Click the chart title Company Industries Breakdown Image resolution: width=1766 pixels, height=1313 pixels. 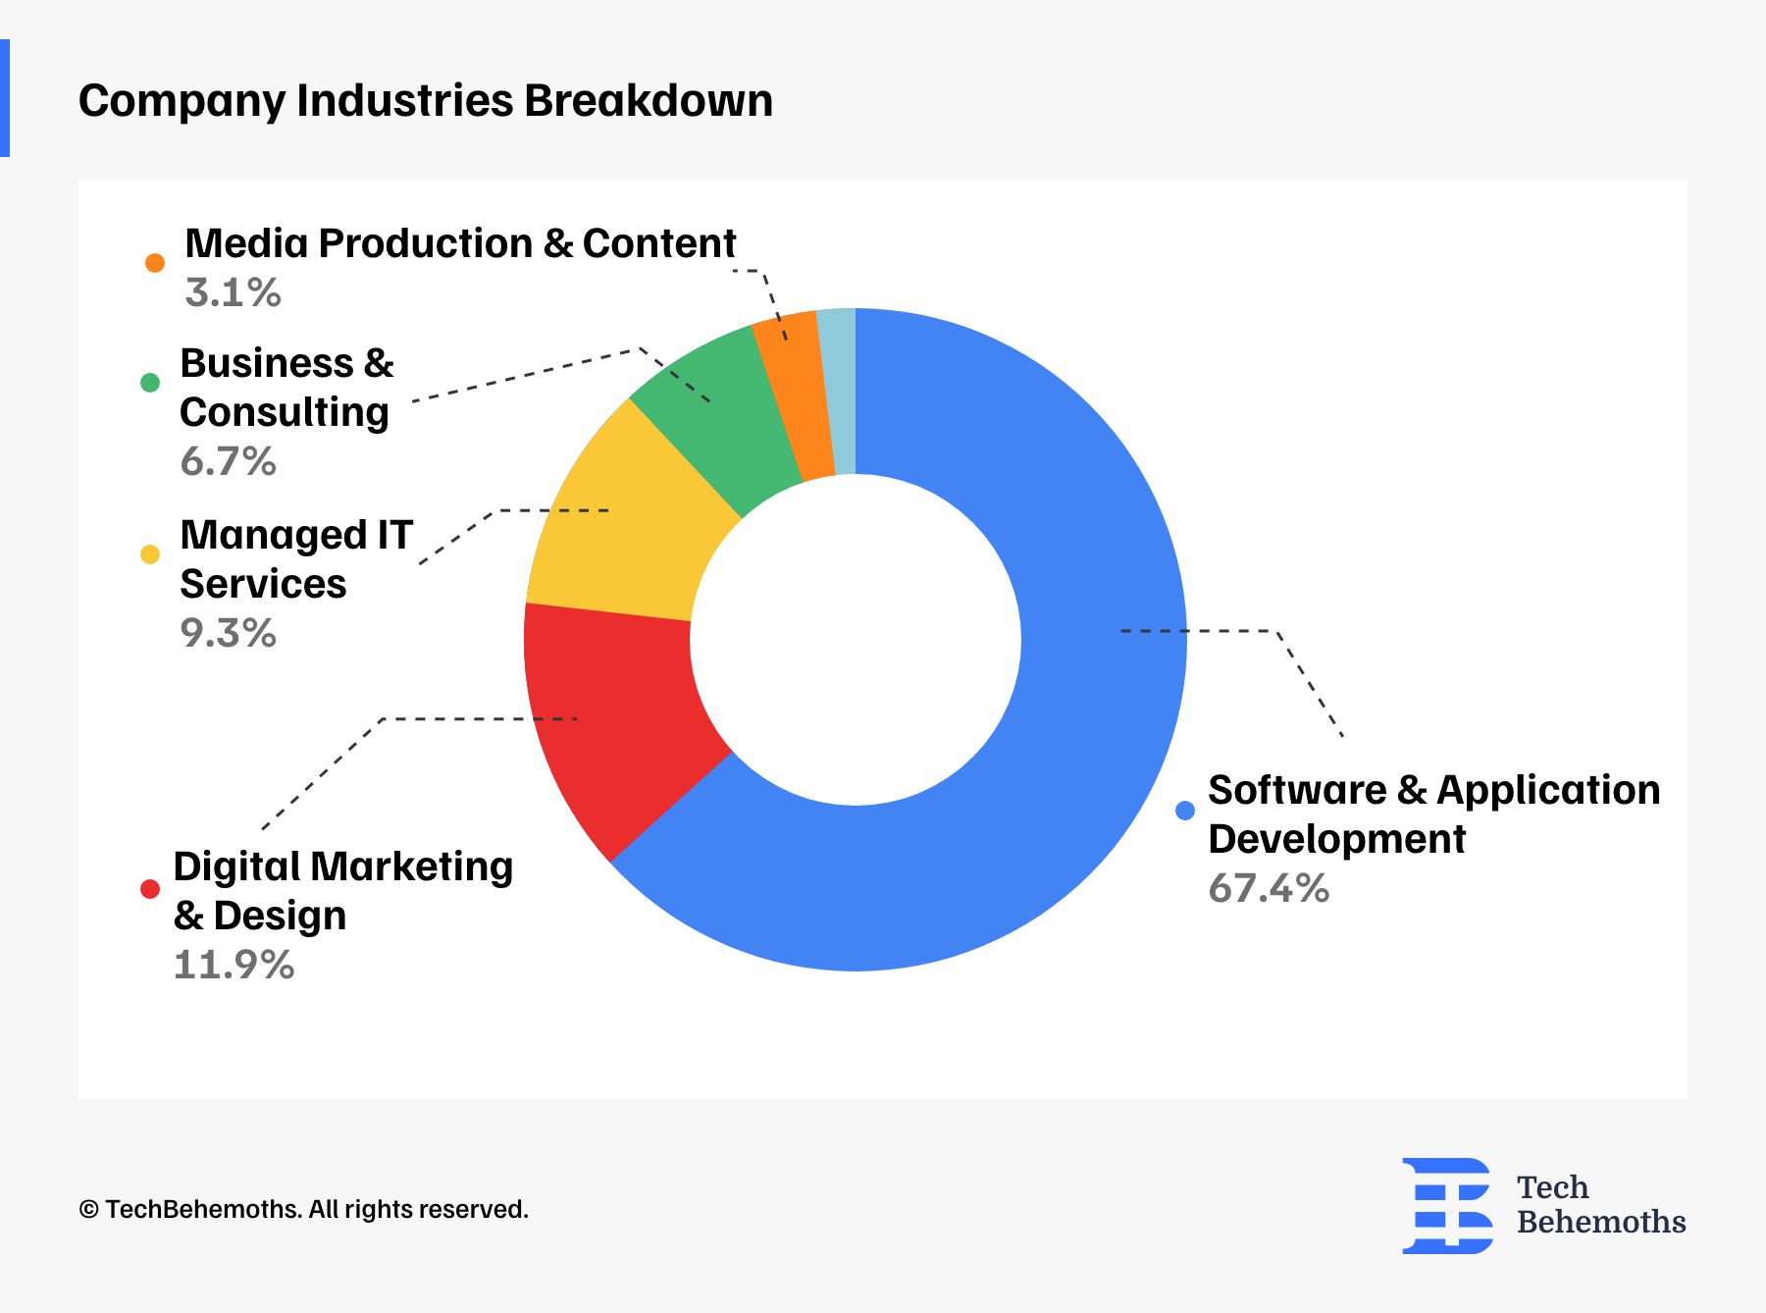pyautogui.click(x=426, y=101)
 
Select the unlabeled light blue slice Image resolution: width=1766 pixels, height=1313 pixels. pyautogui.click(x=839, y=391)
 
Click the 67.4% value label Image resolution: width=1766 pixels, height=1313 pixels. pyautogui.click(x=1269, y=889)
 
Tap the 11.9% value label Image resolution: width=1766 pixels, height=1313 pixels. pyautogui.click(x=234, y=966)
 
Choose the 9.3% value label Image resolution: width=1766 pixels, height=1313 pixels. pyautogui.click(x=228, y=634)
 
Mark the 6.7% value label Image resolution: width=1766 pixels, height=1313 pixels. pyautogui.click(x=228, y=462)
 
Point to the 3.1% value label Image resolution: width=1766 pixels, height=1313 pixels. pyautogui.click(x=233, y=293)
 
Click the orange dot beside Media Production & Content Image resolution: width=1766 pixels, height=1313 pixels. pyautogui.click(x=155, y=263)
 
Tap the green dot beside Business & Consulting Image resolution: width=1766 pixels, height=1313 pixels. pyautogui.click(x=150, y=383)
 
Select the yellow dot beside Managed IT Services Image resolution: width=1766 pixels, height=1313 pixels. pyautogui.click(x=150, y=554)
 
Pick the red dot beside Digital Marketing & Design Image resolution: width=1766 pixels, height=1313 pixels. pyautogui.click(x=150, y=889)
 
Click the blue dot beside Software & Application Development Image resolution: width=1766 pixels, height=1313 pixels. pyautogui.click(x=1185, y=811)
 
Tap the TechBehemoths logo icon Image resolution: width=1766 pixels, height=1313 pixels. pyautogui.click(x=1447, y=1205)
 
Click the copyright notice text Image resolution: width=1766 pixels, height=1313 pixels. pyautogui.click(x=303, y=1210)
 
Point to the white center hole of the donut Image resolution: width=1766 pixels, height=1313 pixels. pyautogui.click(x=856, y=640)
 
